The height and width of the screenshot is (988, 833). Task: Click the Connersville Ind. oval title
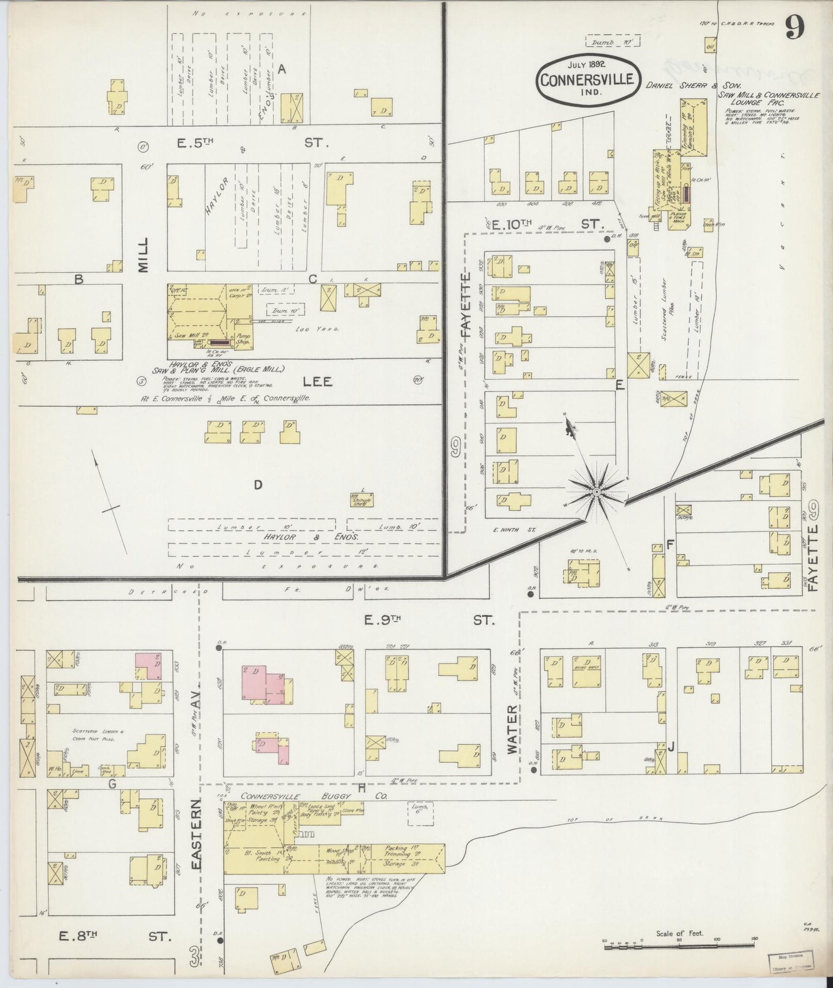tap(586, 80)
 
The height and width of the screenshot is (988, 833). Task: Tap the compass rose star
tap(597, 491)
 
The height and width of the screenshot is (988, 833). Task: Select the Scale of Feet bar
tap(680, 944)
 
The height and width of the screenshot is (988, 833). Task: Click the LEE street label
tap(318, 382)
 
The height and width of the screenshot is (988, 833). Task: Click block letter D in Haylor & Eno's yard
tap(258, 485)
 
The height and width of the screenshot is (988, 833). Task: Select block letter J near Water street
tap(671, 748)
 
